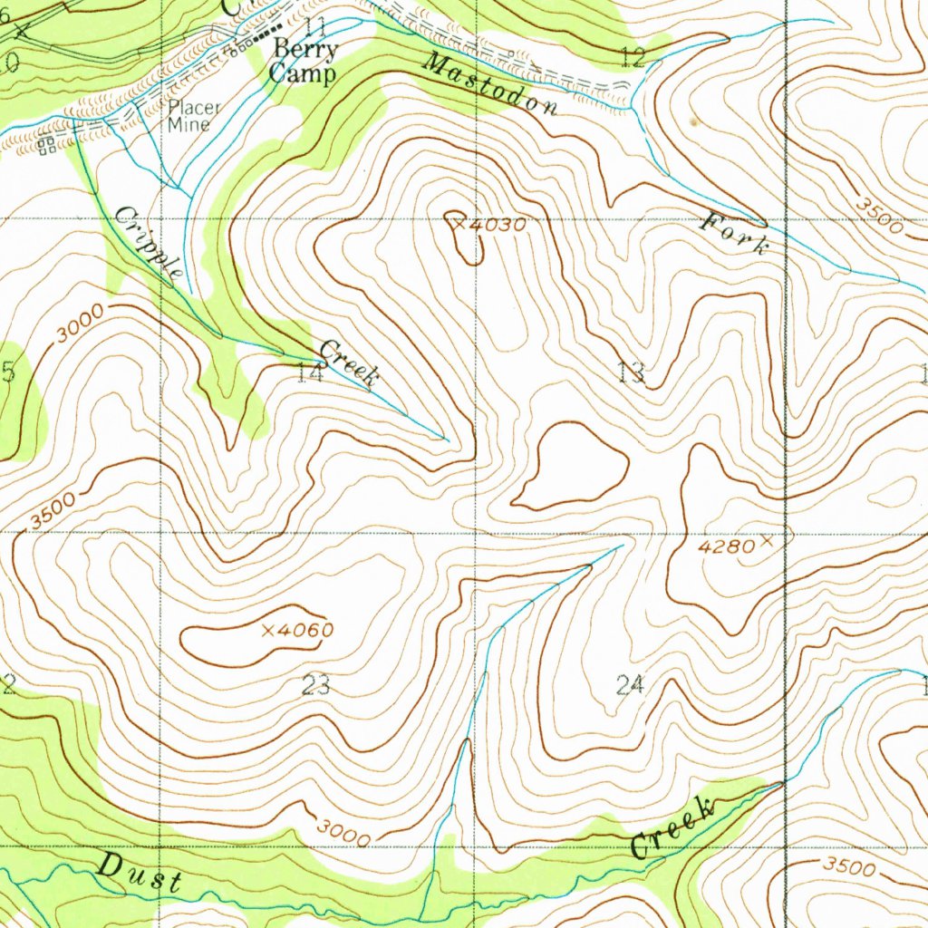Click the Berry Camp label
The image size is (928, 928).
[304, 62]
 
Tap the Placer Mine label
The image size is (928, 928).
[193, 116]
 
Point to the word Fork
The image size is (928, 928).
[736, 233]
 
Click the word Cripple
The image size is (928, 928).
[150, 242]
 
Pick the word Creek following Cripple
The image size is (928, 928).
[348, 362]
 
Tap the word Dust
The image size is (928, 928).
[140, 875]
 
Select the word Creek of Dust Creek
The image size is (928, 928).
[672, 826]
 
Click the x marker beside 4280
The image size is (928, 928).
[767, 542]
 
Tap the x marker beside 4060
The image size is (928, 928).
[268, 630]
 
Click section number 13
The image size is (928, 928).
[631, 372]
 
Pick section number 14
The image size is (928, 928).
[310, 372]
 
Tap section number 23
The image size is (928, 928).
[315, 686]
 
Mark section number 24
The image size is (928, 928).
[630, 685]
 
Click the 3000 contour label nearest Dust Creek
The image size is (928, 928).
[343, 832]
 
